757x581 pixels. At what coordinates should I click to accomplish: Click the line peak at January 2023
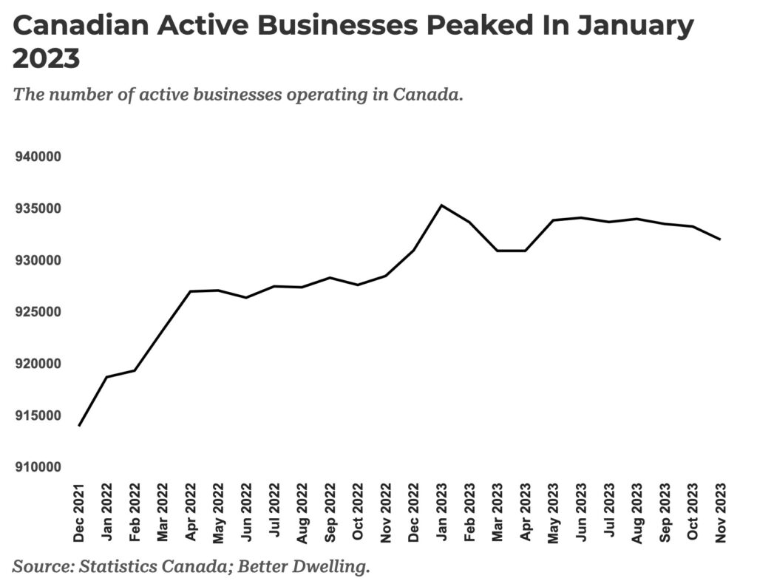click(x=441, y=205)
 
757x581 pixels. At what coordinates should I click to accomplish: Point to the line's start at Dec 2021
click(x=78, y=426)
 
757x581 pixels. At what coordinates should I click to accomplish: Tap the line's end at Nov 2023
click(x=720, y=239)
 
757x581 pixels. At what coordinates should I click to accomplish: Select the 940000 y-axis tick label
click(x=39, y=157)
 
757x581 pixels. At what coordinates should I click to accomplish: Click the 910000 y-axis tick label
click(x=39, y=468)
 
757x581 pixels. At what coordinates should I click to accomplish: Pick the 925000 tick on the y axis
click(x=39, y=313)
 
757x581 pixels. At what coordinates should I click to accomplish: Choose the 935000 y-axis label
click(x=39, y=209)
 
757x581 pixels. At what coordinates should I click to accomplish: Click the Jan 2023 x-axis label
click(x=441, y=512)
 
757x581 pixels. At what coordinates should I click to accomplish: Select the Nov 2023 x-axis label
click(x=721, y=512)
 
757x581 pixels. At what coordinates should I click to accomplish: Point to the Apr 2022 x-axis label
click(x=190, y=512)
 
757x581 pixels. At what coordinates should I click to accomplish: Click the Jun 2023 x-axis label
click(x=581, y=512)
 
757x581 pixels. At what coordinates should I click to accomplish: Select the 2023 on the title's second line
click(x=47, y=59)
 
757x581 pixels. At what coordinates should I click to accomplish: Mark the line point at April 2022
click(x=190, y=291)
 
